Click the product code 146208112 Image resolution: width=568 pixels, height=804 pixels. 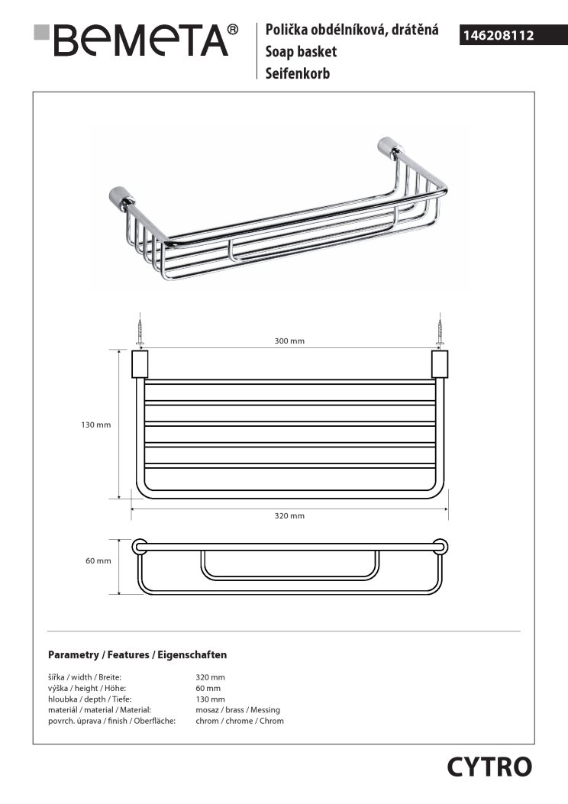point(497,35)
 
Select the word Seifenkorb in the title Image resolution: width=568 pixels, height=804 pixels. point(297,74)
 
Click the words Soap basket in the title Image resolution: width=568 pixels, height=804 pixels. point(301,52)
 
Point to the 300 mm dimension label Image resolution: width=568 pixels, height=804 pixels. point(289,341)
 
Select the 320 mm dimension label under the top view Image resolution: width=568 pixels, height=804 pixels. point(289,516)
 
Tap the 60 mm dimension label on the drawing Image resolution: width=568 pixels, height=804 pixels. point(98,561)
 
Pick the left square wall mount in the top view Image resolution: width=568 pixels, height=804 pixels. point(140,364)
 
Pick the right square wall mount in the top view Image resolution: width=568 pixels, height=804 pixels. point(440,364)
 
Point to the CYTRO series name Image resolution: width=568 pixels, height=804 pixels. point(489,767)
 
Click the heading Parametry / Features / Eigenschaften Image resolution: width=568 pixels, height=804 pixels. point(137,655)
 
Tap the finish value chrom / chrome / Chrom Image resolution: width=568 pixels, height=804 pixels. point(240,721)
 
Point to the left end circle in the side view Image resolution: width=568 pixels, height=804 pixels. point(140,547)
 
